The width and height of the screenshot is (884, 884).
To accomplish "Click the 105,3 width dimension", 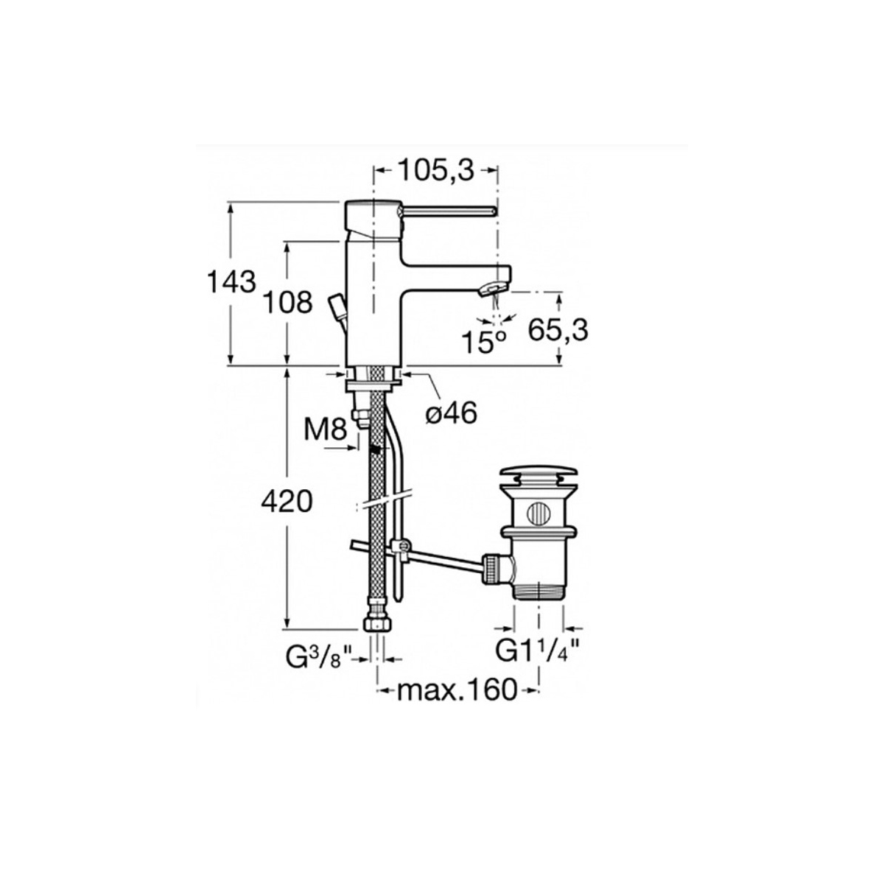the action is (x=435, y=170).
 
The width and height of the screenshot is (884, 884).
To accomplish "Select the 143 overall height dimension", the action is (x=231, y=281).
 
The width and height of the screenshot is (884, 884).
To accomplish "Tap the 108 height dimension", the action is (x=288, y=302).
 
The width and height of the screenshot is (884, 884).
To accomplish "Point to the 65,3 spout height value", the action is (x=558, y=329).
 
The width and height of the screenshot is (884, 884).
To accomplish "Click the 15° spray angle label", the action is (x=483, y=342).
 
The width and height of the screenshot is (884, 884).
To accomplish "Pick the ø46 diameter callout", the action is (x=452, y=414).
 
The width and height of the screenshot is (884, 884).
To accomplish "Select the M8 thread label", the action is (x=325, y=430).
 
